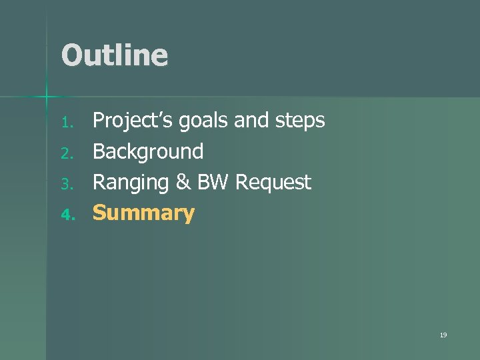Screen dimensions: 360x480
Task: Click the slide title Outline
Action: pos(114,55)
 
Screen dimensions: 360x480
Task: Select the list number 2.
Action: pos(65,153)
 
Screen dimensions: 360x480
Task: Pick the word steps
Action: pos(297,121)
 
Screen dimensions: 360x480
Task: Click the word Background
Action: pos(148,152)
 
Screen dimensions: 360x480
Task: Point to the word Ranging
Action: pos(133,183)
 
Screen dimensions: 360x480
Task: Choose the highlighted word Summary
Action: pos(143,213)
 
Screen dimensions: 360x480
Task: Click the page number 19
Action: pos(443,335)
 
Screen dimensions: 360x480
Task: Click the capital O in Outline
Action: pos(71,55)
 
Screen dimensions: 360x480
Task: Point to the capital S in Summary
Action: pos(99,213)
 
